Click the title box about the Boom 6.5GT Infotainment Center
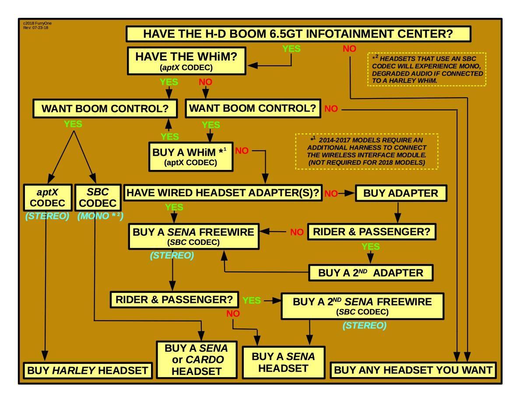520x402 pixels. coord(298,34)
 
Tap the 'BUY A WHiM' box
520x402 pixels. coord(190,156)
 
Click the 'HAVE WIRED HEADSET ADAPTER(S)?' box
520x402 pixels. coord(223,193)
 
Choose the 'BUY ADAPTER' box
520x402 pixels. coord(401,193)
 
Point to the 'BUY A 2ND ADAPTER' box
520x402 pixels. coord(371,273)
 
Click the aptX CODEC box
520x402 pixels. coord(47,197)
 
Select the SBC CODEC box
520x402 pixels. coord(98,197)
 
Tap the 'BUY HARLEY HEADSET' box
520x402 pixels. coord(88,370)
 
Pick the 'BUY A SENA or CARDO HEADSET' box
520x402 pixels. coord(197,360)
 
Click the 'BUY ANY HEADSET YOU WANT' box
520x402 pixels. coord(413,370)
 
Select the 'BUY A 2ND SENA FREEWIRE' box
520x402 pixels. coord(362,306)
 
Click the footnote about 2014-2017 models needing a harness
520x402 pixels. coord(367,151)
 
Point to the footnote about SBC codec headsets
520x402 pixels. coord(426,70)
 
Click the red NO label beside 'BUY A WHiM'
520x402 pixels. coord(242,151)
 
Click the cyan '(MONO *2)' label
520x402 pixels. coord(100,216)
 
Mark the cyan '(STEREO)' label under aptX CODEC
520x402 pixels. coord(47,216)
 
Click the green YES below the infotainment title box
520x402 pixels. coord(292,49)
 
